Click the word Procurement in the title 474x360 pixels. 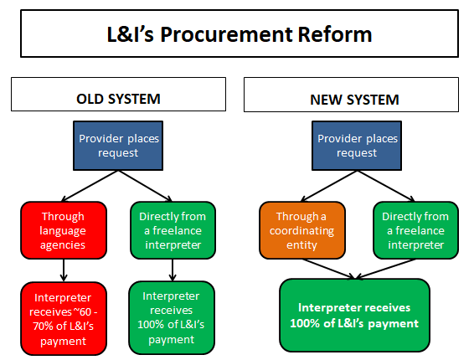click(x=226, y=34)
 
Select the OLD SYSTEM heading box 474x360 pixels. click(x=119, y=95)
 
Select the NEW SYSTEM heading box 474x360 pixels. click(x=351, y=95)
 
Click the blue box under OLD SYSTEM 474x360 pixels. click(x=118, y=146)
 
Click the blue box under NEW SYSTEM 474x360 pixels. click(x=357, y=146)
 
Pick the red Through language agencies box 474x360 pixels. click(x=64, y=230)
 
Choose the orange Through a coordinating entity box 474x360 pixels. click(x=302, y=230)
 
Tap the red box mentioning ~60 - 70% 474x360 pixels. click(x=64, y=319)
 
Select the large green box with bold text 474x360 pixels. click(x=354, y=316)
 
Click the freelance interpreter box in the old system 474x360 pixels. click(x=173, y=230)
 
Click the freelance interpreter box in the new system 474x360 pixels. click(x=415, y=230)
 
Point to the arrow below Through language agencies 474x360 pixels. click(x=64, y=270)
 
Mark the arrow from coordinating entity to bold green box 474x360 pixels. click(x=328, y=269)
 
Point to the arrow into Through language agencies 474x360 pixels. click(x=90, y=186)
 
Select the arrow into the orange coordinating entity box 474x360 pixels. click(x=329, y=186)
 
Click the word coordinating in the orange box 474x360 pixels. click(x=302, y=231)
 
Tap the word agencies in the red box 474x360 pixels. click(x=63, y=245)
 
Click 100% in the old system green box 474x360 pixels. click(x=152, y=324)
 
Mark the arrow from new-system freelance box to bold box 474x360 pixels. click(x=385, y=269)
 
